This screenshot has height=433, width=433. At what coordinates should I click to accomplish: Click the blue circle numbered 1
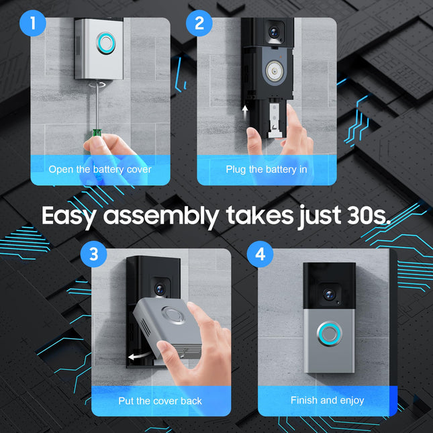(33, 23)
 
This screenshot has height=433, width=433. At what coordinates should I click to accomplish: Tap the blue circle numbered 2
(199, 23)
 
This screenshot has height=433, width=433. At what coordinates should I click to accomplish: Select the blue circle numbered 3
(93, 254)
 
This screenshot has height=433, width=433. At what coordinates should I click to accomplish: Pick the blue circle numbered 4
(260, 254)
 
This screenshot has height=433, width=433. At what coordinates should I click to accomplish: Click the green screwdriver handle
(97, 132)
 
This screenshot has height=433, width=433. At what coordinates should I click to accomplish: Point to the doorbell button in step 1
(106, 44)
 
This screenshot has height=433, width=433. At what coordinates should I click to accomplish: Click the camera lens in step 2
(274, 32)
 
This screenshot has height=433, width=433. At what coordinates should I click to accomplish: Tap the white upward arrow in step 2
(244, 112)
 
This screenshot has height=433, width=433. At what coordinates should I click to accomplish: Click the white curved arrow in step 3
(140, 356)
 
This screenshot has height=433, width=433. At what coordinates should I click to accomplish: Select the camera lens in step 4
(329, 295)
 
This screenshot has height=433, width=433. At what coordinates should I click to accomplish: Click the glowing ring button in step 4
(329, 334)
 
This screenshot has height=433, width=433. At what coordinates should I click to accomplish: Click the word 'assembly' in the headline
(161, 217)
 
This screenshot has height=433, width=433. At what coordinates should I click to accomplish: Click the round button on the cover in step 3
(173, 315)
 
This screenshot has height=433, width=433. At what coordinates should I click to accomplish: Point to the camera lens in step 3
(160, 289)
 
